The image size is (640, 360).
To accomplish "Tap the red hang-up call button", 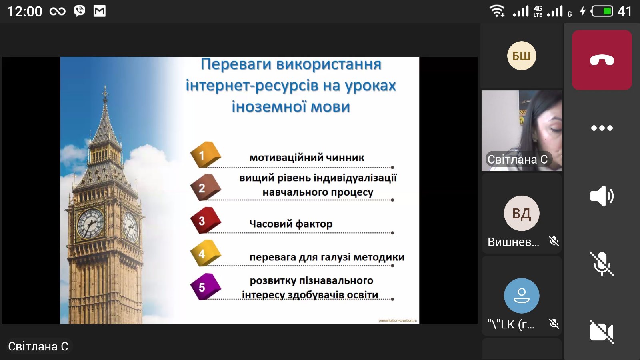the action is click(x=602, y=60).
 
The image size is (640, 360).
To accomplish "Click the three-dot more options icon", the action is click(x=602, y=128).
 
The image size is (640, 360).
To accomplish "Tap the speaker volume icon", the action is click(x=602, y=196).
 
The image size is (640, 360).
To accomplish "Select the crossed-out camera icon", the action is click(x=602, y=332).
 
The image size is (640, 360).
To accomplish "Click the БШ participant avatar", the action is click(x=522, y=56).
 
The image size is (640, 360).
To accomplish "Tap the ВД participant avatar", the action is click(x=522, y=213).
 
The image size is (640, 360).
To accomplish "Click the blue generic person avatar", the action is click(x=522, y=296).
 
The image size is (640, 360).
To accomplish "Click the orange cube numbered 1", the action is click(x=205, y=154).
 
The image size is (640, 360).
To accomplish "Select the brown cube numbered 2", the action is click(x=205, y=187).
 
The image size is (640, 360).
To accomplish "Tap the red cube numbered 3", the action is click(x=205, y=220).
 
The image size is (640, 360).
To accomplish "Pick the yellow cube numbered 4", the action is click(x=205, y=253).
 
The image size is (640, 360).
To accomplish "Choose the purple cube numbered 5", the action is click(x=205, y=286).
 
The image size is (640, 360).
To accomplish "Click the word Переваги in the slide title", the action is click(x=236, y=64).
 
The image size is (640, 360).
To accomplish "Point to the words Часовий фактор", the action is click(x=291, y=224).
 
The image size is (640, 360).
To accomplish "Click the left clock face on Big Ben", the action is click(x=90, y=224).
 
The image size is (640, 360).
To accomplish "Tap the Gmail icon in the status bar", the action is click(x=100, y=11).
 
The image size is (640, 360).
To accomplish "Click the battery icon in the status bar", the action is click(x=602, y=11).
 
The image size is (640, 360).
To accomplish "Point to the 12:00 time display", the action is click(x=24, y=12).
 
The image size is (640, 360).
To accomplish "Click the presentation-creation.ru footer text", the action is click(x=398, y=320).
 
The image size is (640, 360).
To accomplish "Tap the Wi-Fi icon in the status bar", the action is click(x=497, y=11).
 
